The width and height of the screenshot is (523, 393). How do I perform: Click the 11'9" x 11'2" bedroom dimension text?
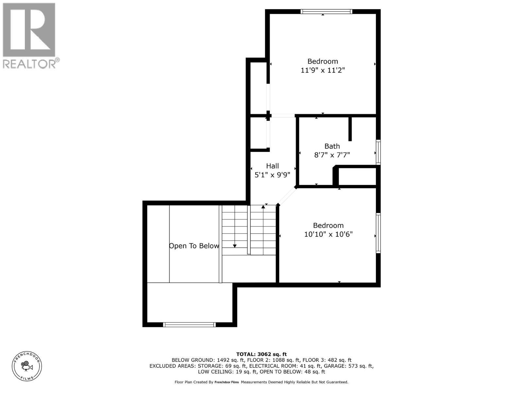(323, 70)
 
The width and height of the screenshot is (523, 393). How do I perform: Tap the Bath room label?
(332, 146)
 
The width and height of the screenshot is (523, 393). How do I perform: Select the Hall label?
(272, 166)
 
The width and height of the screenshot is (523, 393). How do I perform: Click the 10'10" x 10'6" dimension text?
(328, 234)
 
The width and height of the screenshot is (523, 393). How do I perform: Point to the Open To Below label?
(194, 246)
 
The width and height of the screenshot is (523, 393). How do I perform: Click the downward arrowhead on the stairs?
(235, 246)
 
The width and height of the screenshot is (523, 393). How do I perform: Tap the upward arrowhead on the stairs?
(263, 207)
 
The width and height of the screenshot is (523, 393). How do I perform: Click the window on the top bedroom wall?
(326, 12)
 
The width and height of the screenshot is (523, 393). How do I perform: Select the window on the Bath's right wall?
(378, 152)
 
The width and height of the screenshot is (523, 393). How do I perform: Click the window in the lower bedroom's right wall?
(378, 233)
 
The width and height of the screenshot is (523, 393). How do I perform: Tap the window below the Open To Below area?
(189, 325)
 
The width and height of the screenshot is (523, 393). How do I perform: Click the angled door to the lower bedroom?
(287, 196)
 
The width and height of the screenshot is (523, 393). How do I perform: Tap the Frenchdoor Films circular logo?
(27, 366)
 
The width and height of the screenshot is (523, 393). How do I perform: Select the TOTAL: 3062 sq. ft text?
(261, 354)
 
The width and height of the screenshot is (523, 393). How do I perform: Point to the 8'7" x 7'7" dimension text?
(332, 155)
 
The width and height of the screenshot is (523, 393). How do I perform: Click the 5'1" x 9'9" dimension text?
(272, 175)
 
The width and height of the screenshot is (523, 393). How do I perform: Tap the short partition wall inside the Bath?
(350, 129)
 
